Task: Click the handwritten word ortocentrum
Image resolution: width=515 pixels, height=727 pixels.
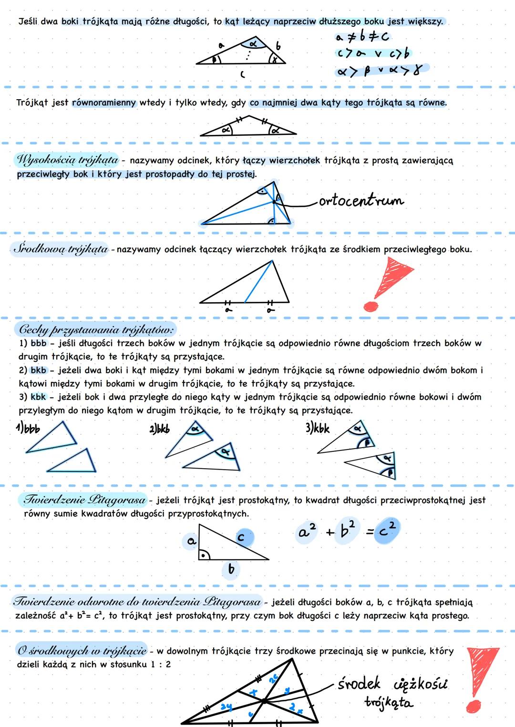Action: tap(361, 201)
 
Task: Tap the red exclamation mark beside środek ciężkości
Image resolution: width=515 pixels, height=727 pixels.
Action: tap(481, 677)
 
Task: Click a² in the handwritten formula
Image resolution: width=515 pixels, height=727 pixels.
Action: tap(307, 531)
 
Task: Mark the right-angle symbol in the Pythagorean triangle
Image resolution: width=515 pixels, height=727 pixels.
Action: tap(204, 555)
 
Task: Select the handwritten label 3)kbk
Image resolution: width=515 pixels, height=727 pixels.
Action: tap(317, 428)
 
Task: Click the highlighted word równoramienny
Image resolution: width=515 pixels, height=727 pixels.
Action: tap(104, 102)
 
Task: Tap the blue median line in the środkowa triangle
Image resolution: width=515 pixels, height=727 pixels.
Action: tap(258, 281)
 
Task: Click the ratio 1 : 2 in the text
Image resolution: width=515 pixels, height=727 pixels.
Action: tap(161, 664)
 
